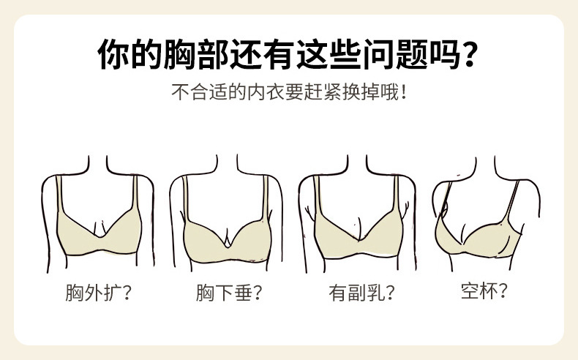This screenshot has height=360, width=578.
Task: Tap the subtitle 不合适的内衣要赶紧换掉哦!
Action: (x=289, y=95)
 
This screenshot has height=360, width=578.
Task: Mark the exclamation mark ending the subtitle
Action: (x=403, y=95)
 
